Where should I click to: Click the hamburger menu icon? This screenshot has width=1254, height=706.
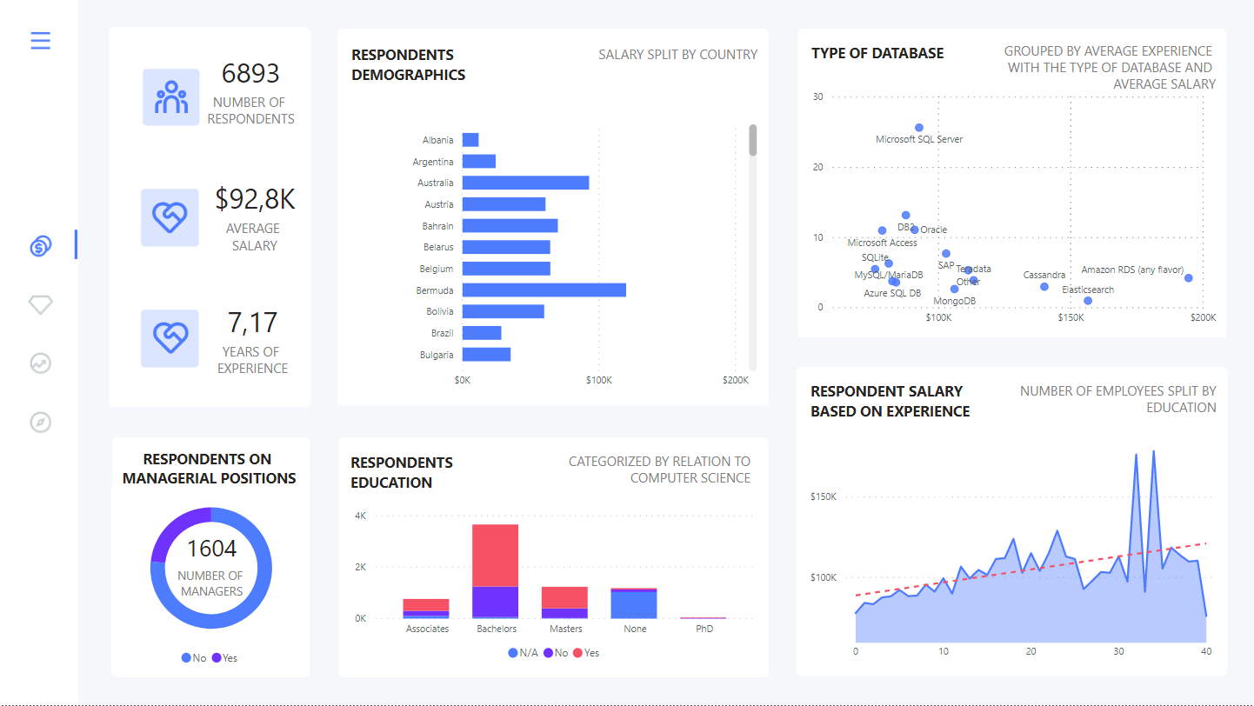tap(41, 41)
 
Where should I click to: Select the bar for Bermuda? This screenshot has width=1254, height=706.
tap(544, 290)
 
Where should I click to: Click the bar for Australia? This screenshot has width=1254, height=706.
tap(525, 183)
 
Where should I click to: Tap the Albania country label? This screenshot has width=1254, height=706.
tap(437, 140)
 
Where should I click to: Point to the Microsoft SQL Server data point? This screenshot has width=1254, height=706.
tap(919, 128)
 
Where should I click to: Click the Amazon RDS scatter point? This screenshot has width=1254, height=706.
tap(1189, 278)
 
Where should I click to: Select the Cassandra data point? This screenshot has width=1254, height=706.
tap(1044, 287)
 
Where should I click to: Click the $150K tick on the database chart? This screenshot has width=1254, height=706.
tap(1071, 318)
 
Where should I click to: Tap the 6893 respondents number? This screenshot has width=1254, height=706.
tap(250, 74)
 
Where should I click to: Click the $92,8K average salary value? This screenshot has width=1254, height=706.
tap(255, 199)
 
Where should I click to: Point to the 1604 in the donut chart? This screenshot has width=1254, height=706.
tap(211, 549)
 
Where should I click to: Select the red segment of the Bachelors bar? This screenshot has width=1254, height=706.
tap(495, 555)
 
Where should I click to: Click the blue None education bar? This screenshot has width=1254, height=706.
tap(634, 604)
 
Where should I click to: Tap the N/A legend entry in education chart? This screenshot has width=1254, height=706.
tap(523, 652)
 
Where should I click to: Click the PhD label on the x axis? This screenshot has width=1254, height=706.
tap(704, 629)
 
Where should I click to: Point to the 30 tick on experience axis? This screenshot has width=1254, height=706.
tap(1118, 651)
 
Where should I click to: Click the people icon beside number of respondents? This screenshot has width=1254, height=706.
tap(171, 97)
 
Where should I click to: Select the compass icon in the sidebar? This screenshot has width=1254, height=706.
tap(41, 423)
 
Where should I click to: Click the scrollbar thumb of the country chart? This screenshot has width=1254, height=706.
tap(753, 140)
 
